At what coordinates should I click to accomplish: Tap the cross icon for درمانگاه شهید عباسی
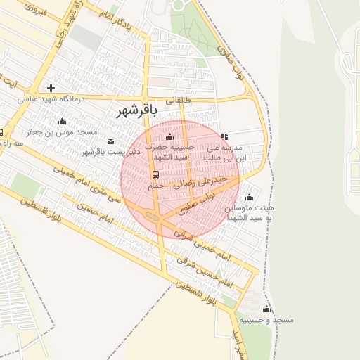51,88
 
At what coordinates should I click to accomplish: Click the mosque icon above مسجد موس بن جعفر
63,121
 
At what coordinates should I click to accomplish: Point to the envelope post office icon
110,141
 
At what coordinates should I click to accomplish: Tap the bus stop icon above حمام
155,174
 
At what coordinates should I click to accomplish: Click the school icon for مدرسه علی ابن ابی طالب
224,137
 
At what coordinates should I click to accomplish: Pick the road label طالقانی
177,101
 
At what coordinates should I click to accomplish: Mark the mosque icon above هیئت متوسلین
248,198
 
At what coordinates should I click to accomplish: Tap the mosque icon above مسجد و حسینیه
266,309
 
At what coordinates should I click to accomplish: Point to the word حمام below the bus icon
155,186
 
